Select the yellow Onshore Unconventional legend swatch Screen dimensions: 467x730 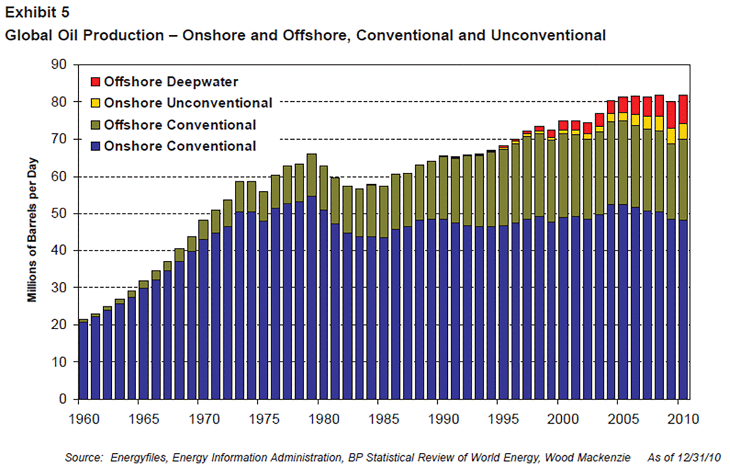click(95, 103)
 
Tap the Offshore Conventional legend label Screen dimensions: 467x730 click(180, 125)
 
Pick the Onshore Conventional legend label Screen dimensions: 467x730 click(180, 146)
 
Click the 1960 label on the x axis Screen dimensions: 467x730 click(79, 418)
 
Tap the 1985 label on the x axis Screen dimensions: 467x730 click(379, 418)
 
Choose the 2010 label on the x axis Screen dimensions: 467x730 click(680, 418)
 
